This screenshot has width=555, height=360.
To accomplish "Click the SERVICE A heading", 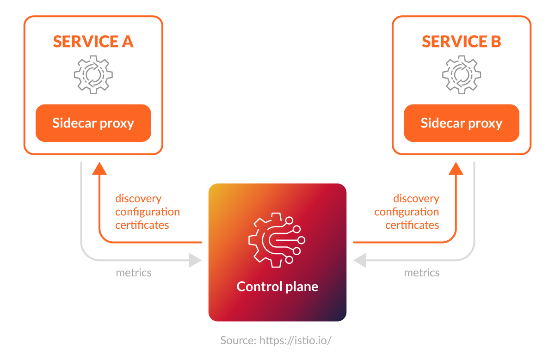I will (93, 42).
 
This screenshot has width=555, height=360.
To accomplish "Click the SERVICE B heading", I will (461, 42).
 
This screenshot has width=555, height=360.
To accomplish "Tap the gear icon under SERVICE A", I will (93, 75).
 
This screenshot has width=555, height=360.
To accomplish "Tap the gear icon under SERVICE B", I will (462, 75).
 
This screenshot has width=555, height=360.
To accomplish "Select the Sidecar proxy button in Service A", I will (93, 123).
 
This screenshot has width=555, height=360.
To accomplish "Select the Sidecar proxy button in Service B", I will (462, 123).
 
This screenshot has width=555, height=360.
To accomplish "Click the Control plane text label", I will (277, 287).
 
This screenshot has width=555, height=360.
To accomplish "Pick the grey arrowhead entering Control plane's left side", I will (196, 260).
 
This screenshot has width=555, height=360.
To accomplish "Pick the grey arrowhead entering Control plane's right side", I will (360, 260).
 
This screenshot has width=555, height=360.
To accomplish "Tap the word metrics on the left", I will (134, 273).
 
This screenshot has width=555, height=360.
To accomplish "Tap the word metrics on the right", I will (422, 273).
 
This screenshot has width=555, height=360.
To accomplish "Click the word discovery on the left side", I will (138, 199).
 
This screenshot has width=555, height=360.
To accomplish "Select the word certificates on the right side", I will (412, 225).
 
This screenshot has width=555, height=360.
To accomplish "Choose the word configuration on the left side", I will (148, 212).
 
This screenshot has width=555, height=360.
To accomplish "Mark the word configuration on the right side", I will (407, 212).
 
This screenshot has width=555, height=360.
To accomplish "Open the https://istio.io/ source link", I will (296, 341).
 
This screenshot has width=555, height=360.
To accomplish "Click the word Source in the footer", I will (238, 341).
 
